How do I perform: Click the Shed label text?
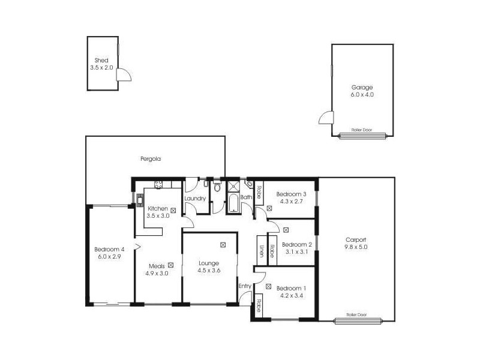101,60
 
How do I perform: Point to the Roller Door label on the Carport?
357,314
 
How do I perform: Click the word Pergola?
151,159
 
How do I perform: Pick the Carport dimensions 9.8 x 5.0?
355,247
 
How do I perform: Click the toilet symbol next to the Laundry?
218,188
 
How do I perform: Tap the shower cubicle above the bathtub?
233,186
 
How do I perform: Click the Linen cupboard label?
262,251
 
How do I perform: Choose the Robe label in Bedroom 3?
259,193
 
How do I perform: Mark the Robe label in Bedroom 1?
259,305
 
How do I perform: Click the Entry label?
245,286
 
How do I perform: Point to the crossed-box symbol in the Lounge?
223,245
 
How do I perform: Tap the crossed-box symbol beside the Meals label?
171,265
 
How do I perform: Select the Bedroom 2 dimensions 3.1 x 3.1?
296,252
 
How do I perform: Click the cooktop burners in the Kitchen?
159,185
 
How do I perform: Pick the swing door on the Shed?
124,75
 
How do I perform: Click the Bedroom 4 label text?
109,250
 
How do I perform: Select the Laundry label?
195,199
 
